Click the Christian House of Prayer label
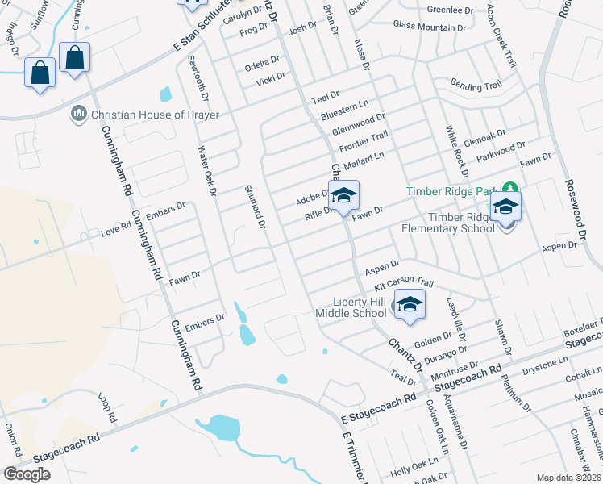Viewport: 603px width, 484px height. (x=155, y=115)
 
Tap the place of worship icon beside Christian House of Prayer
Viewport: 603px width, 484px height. (x=79, y=114)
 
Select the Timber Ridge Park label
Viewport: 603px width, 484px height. (x=457, y=192)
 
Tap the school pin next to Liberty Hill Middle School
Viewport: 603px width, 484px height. (x=410, y=306)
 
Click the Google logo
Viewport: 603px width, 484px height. (x=27, y=474)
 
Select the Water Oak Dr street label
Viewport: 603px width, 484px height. (x=208, y=170)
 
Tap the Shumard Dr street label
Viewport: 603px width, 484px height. (x=255, y=207)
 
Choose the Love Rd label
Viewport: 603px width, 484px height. (x=115, y=231)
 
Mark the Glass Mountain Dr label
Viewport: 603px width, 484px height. (x=430, y=26)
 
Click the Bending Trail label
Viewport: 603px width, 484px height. (x=476, y=85)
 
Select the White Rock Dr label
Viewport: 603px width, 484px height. (x=457, y=152)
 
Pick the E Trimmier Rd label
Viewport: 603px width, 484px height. (x=354, y=457)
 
